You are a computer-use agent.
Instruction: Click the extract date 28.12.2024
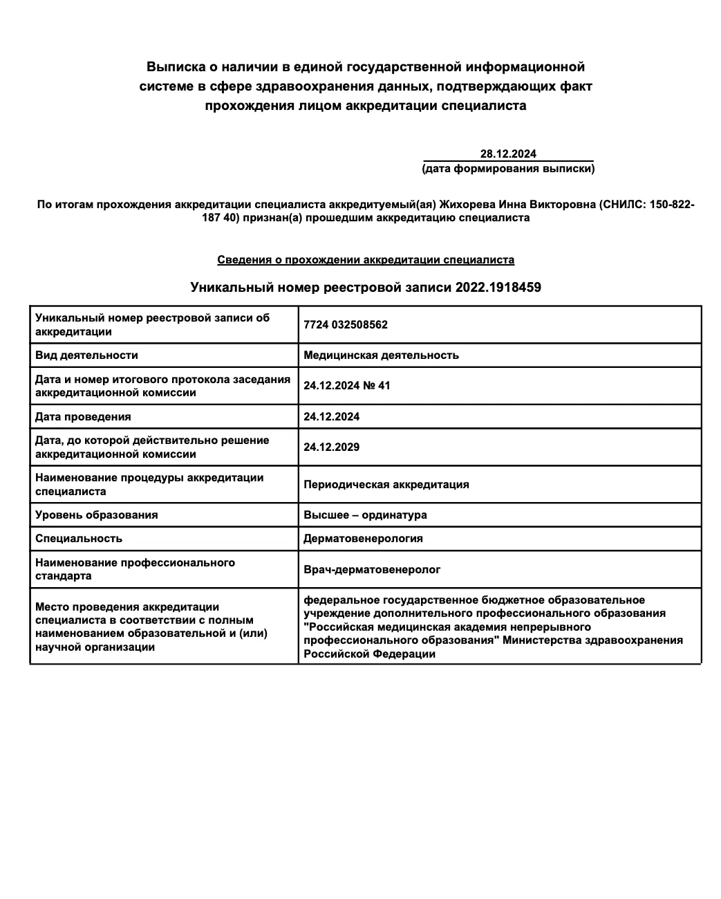coord(508,154)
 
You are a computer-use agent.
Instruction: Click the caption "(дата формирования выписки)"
coord(508,168)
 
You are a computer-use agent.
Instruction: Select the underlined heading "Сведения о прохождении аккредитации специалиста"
coord(366,260)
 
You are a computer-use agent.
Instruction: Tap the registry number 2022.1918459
coord(498,287)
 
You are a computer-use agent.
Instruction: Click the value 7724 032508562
coord(346,325)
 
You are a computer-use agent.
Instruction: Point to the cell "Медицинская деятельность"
coord(381,355)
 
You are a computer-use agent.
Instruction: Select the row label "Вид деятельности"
coord(86,355)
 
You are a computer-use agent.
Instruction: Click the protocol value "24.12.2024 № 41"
coord(347,386)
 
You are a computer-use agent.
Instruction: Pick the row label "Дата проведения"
coord(83,417)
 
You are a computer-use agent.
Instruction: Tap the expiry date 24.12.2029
coord(332,447)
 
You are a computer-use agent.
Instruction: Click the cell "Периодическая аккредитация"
coord(386,485)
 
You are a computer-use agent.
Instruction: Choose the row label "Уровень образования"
coord(97,515)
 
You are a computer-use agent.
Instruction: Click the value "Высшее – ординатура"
coord(365,515)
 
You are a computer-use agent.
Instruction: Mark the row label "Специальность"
coord(79,539)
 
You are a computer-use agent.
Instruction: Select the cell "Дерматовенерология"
coord(363,539)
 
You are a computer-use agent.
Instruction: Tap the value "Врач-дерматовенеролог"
coord(372,570)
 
